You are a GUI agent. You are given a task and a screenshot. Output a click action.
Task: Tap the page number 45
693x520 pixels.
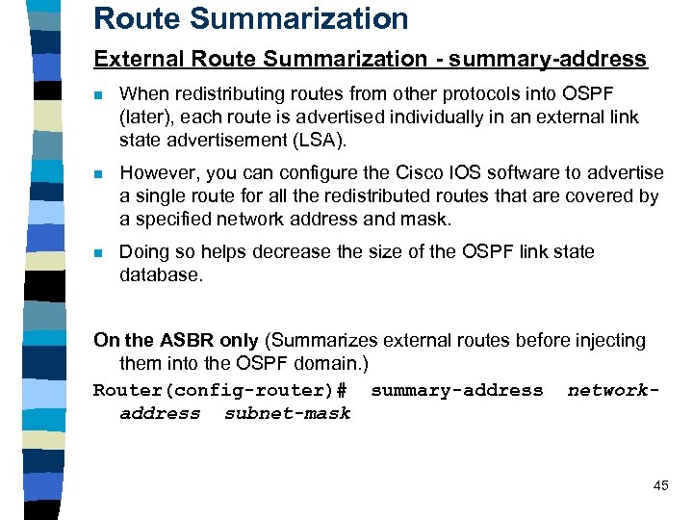(660, 485)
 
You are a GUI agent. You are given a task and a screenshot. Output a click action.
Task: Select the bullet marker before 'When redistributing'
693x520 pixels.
(98, 94)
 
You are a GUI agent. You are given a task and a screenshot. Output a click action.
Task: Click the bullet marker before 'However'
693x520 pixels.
(98, 173)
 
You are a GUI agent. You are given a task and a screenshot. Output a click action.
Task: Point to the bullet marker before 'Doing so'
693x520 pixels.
(98, 252)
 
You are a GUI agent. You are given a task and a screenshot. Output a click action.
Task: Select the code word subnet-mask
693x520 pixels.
(287, 413)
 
